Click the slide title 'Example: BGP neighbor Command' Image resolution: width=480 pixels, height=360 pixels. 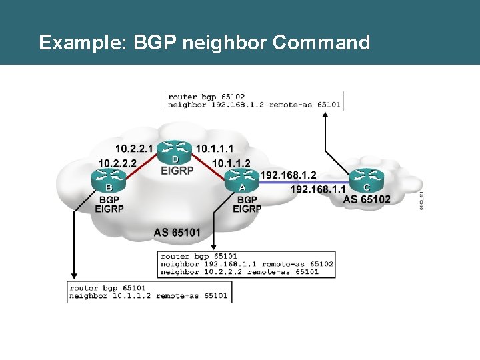tap(204, 43)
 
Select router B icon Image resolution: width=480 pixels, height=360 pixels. tap(109, 178)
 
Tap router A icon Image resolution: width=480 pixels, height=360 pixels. tap(241, 177)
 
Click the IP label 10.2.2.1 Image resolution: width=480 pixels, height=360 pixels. tap(134, 148)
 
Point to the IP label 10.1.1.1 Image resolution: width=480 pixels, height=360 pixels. tap(215, 148)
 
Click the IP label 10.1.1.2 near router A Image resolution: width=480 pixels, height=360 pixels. tap(231, 162)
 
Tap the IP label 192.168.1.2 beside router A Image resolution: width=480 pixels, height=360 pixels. tap(287, 175)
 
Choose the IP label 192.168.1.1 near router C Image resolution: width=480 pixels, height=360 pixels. tap(317, 189)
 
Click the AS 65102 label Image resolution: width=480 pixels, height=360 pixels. tap(367, 199)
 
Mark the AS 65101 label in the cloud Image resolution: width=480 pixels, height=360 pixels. tap(177, 233)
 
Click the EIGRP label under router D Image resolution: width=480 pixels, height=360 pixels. tap(177, 171)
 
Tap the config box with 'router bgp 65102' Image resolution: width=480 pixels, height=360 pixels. tap(254, 101)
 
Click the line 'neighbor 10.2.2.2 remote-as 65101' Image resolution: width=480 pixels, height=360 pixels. tap(239, 272)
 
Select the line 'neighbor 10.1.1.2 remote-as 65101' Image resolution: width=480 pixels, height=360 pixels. tap(148, 295)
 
